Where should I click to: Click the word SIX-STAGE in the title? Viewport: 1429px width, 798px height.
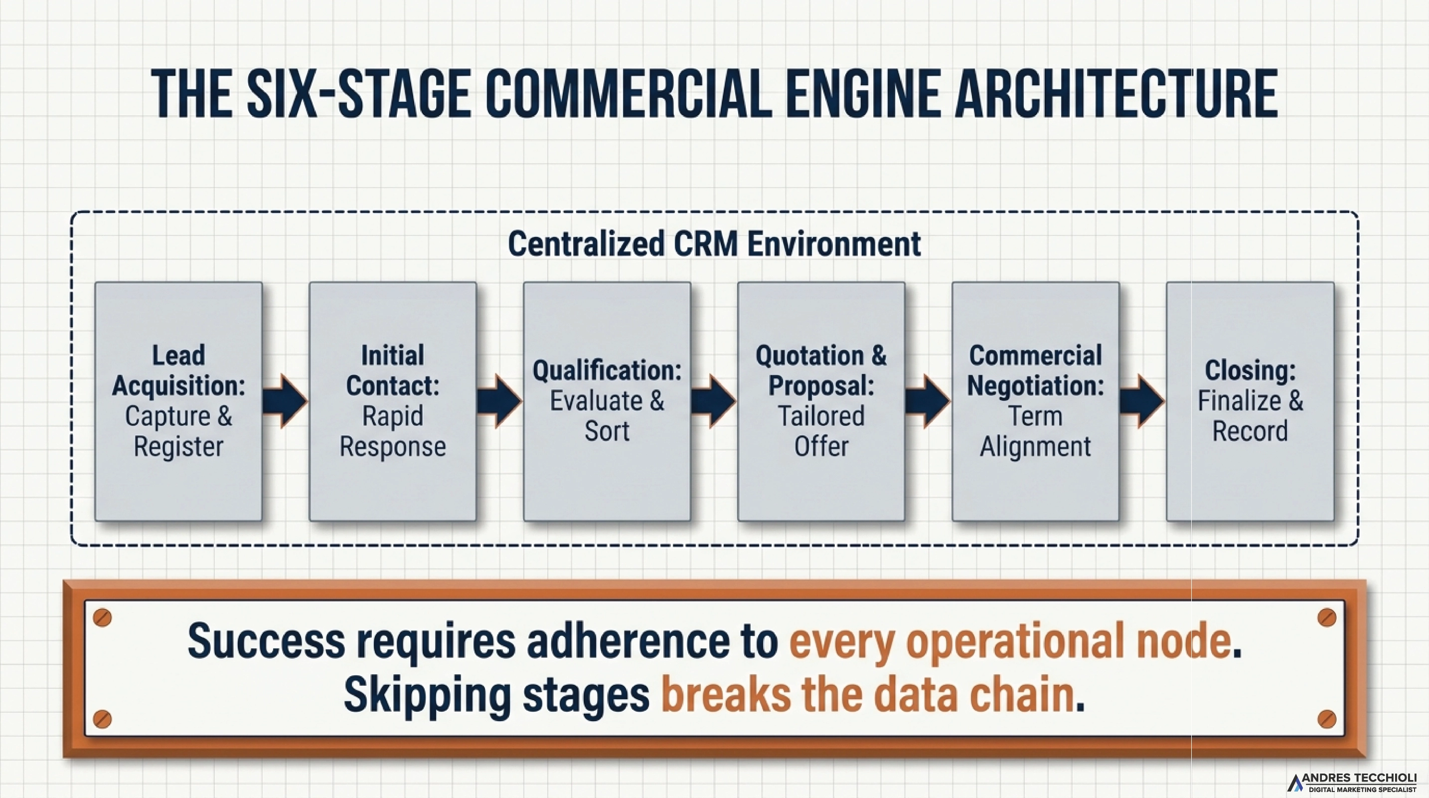point(358,94)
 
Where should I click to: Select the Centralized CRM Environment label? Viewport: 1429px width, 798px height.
point(714,244)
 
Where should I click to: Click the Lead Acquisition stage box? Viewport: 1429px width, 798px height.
point(178,400)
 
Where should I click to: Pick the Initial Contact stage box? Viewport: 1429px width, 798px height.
point(392,400)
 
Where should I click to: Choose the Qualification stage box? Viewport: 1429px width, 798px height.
point(607,400)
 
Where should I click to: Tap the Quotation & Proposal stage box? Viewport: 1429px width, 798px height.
point(821,400)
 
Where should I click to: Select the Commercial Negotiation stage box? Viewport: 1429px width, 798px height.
point(1035,400)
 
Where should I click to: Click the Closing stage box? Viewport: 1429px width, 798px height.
point(1250,400)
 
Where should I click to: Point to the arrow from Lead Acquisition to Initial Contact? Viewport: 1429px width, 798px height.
point(285,400)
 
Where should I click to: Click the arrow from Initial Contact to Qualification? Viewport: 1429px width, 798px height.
point(499,400)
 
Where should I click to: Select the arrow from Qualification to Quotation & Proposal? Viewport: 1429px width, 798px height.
point(714,400)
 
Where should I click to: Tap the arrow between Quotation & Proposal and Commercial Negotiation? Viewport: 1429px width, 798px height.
point(928,400)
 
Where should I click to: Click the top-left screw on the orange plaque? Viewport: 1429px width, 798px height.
point(103,617)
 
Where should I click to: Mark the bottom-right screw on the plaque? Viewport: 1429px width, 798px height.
point(1326,719)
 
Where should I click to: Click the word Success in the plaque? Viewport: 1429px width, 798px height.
point(266,641)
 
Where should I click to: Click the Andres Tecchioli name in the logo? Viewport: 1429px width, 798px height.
point(1359,778)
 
